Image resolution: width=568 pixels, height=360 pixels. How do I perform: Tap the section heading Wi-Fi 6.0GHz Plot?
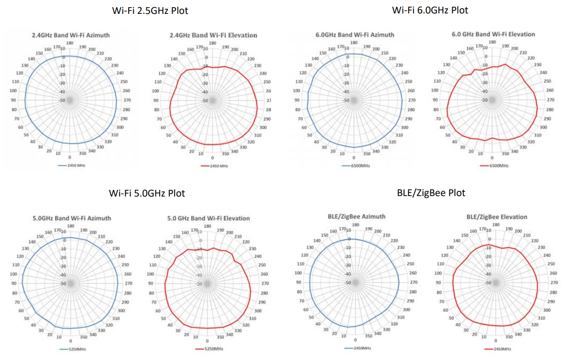(x=430, y=10)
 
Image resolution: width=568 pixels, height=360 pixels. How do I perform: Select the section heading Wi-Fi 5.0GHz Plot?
(x=147, y=194)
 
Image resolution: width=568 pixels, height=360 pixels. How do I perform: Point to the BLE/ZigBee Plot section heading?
(x=431, y=193)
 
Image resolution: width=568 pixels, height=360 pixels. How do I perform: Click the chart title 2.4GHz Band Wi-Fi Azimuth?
(x=70, y=35)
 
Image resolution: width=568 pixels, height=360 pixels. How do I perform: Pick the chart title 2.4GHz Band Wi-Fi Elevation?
(x=213, y=35)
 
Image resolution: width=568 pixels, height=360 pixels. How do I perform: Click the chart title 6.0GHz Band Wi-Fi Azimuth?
(x=355, y=35)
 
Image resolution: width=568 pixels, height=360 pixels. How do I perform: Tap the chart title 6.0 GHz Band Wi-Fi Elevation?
(x=493, y=34)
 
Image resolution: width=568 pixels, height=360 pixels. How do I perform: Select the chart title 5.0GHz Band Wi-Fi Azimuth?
(x=71, y=218)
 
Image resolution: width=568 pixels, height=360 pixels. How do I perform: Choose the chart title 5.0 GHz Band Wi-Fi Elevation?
(x=208, y=218)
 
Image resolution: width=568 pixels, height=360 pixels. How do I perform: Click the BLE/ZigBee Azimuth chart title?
(x=356, y=217)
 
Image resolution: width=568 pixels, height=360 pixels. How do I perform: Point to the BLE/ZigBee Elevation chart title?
(x=497, y=217)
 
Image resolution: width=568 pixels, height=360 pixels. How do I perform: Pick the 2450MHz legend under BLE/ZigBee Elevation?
(x=500, y=348)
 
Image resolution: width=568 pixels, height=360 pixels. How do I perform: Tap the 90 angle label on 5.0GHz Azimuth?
(x=14, y=283)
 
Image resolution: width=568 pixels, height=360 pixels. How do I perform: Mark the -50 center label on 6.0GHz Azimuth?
(x=345, y=100)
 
